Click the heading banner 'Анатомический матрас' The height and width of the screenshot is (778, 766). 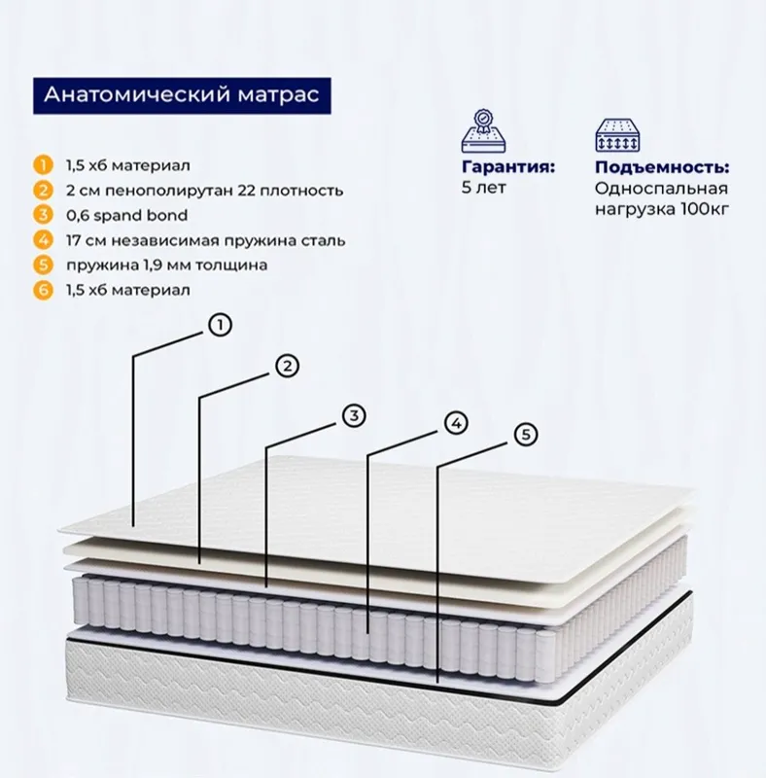pyautogui.click(x=182, y=95)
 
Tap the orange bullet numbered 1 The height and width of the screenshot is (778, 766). pyautogui.click(x=43, y=165)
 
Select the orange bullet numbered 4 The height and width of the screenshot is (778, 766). pyautogui.click(x=43, y=240)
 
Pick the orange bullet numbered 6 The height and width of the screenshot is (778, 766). pyautogui.click(x=43, y=290)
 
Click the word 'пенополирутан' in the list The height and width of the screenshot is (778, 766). pyautogui.click(x=169, y=191)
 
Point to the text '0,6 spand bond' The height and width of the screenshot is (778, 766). pyautogui.click(x=127, y=215)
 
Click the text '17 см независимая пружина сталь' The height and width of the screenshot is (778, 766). pyautogui.click(x=205, y=240)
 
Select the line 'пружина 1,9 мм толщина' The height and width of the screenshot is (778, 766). pyautogui.click(x=166, y=265)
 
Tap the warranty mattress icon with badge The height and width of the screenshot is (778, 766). pyautogui.click(x=483, y=131)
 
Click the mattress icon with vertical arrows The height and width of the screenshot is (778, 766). pyautogui.click(x=617, y=135)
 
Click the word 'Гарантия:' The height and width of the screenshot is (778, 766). pyautogui.click(x=508, y=167)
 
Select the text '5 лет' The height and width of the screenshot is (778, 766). pyautogui.click(x=484, y=188)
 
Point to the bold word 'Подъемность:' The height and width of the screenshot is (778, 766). pyautogui.click(x=662, y=167)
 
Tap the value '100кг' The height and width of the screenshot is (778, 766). pyautogui.click(x=705, y=209)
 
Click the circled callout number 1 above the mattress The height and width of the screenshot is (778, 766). pyautogui.click(x=221, y=326)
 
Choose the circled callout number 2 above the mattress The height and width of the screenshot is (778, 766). pyautogui.click(x=288, y=367)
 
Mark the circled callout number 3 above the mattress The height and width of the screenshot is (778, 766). pyautogui.click(x=354, y=415)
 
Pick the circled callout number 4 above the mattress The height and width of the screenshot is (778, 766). pyautogui.click(x=456, y=423)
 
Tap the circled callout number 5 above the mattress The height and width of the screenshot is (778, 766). pyautogui.click(x=526, y=434)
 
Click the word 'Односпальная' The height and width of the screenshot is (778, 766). pyautogui.click(x=662, y=189)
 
